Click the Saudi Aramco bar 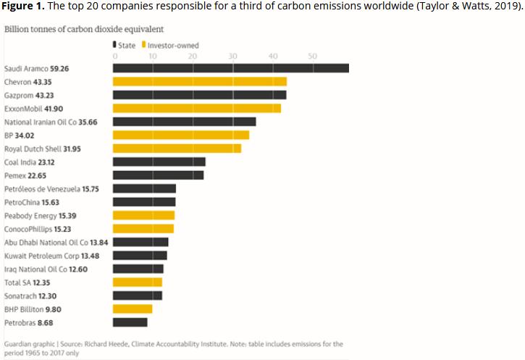[x=230, y=69]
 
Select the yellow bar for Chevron [x=199, y=82]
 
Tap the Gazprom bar [x=199, y=95]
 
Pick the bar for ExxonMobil [x=196, y=109]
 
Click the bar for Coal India [x=159, y=162]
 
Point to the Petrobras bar [x=130, y=322]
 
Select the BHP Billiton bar [x=132, y=309]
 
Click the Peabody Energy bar [x=143, y=215]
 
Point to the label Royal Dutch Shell [x=33, y=148]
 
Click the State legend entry [x=124, y=45]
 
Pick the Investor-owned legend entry [x=173, y=45]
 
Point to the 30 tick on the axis [x=232, y=56]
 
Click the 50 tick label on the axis [x=311, y=56]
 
